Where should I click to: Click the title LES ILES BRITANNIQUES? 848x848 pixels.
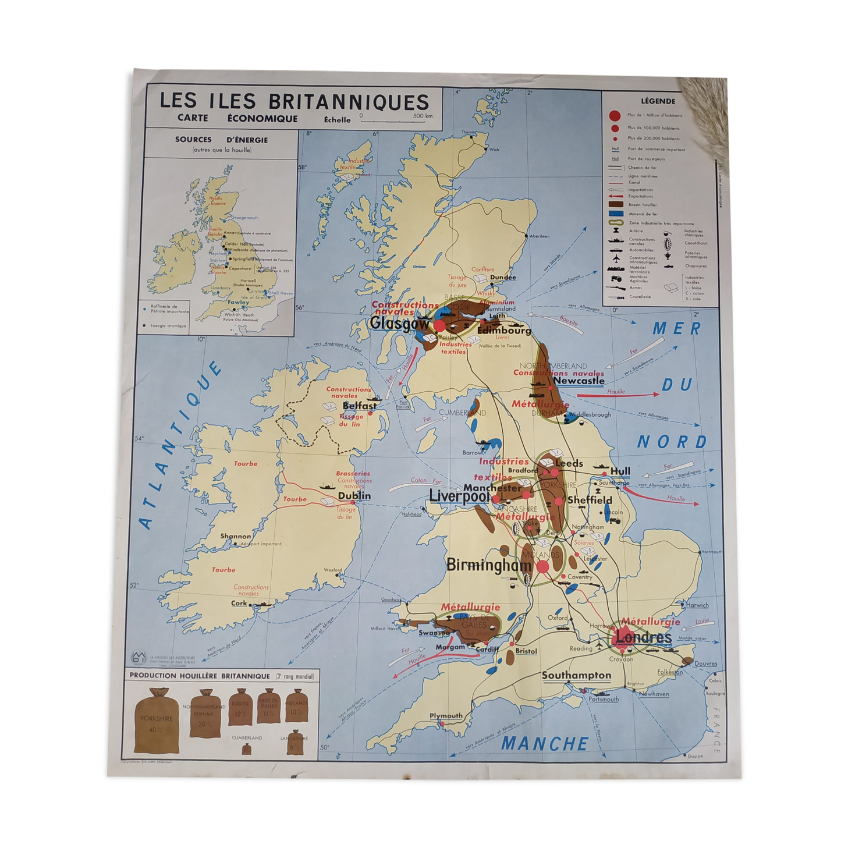pos(294,101)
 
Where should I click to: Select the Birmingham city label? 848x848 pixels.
pos(489,565)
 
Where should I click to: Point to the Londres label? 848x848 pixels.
pos(644,637)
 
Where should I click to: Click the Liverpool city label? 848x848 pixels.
pos(459,496)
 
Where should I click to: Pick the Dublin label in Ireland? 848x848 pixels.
pos(354,496)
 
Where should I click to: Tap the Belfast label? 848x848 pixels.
pos(359,406)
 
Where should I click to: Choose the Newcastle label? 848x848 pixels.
pos(579,381)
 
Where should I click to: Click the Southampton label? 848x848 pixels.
pos(576,675)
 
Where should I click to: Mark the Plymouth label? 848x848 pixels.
pos(446,716)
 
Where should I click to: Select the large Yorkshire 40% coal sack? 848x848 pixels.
pos(156,720)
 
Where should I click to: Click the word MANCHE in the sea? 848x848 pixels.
pos(545,743)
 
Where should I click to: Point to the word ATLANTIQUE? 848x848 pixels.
pos(180,446)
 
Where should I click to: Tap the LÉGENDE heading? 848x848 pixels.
pos(658,101)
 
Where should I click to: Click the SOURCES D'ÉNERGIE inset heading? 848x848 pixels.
pos(221,140)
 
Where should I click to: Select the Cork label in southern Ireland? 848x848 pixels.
pos(239,604)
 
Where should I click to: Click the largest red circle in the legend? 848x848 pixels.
pos(615,115)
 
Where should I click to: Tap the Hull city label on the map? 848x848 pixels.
pos(620,471)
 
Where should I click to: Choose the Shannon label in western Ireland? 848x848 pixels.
pos(236,536)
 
